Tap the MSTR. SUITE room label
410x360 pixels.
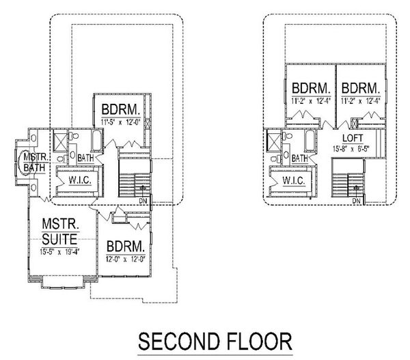click(60, 232)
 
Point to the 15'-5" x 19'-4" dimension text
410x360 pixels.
click(59, 251)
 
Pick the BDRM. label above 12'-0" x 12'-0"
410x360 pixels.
click(124, 246)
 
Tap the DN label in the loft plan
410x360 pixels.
click(357, 202)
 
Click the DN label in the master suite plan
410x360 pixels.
click(142, 202)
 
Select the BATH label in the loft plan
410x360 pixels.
click(299, 158)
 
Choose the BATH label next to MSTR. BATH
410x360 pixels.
click(85, 158)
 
